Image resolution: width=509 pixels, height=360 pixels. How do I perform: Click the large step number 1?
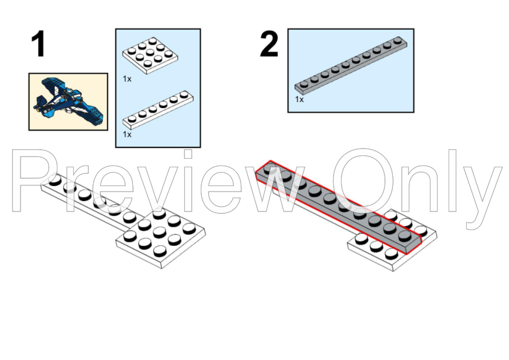(38, 43)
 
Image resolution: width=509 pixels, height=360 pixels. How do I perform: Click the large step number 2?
(269, 43)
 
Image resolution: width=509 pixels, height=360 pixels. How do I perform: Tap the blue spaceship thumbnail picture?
(68, 102)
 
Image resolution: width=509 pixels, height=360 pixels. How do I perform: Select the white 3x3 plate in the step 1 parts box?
(150, 56)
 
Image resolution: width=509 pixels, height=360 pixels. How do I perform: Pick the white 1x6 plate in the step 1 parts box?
(158, 109)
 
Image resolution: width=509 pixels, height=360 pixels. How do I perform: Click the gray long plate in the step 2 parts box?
(351, 65)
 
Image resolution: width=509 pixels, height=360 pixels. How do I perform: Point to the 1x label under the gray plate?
(299, 100)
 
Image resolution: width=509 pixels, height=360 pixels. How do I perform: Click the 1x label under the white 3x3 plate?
(127, 79)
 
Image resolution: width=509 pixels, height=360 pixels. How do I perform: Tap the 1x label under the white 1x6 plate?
(127, 134)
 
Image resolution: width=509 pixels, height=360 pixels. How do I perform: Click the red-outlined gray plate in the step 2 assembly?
(337, 207)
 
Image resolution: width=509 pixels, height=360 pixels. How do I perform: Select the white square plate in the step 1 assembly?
(161, 239)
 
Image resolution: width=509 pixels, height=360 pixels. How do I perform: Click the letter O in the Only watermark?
(362, 181)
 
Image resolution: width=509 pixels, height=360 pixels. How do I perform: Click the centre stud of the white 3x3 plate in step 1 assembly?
(160, 231)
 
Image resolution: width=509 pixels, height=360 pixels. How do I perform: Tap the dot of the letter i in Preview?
(188, 154)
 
